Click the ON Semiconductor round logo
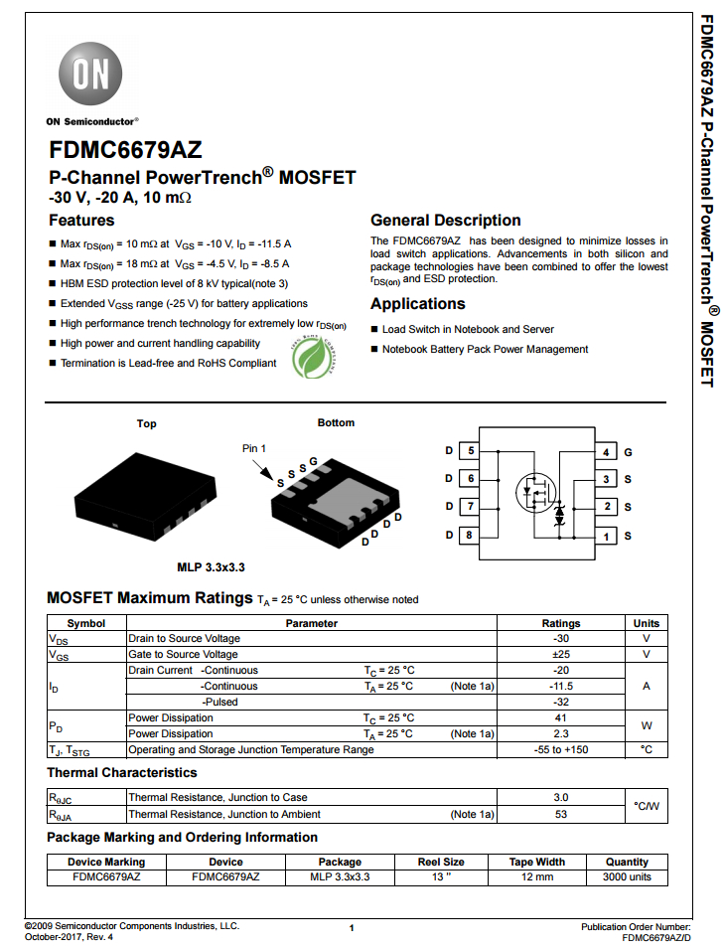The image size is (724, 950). pyautogui.click(x=94, y=75)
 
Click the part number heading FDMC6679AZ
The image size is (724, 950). pyautogui.click(x=125, y=150)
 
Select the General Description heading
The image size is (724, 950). pyautogui.click(x=445, y=221)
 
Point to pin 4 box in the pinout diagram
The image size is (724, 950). pyautogui.click(x=605, y=451)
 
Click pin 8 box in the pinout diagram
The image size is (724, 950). pyautogui.click(x=469, y=535)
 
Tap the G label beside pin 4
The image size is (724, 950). pyautogui.click(x=628, y=451)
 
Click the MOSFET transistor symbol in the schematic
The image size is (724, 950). pyautogui.click(x=533, y=491)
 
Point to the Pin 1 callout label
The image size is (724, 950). pyautogui.click(x=254, y=448)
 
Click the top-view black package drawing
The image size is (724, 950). pyautogui.click(x=143, y=496)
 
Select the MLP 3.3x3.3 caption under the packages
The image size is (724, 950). pyautogui.click(x=211, y=567)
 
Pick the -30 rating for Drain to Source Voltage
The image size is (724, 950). pyautogui.click(x=560, y=639)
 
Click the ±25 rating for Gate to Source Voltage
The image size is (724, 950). pyautogui.click(x=560, y=655)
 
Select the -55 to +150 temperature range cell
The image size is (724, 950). pyautogui.click(x=560, y=750)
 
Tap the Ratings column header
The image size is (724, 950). pyautogui.click(x=560, y=623)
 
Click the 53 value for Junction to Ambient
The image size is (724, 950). pyautogui.click(x=560, y=814)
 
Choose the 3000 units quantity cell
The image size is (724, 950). pyautogui.click(x=627, y=877)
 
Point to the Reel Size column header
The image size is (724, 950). pyautogui.click(x=441, y=862)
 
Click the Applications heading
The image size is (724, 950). pyautogui.click(x=417, y=304)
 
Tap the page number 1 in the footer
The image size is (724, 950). pyautogui.click(x=352, y=927)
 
